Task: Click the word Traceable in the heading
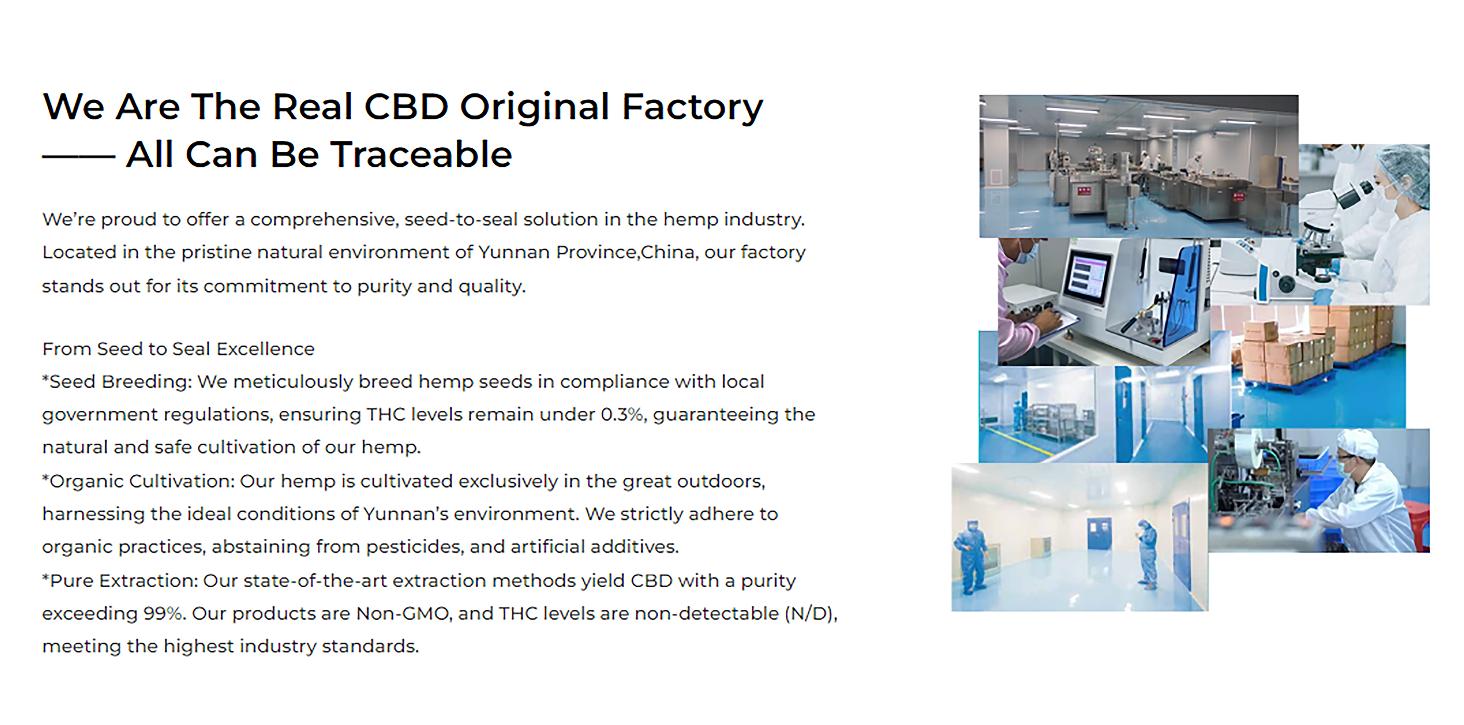[421, 154]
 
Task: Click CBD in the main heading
[406, 107]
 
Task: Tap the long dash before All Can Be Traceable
[78, 157]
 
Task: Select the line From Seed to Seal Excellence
[178, 349]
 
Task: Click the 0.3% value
[622, 414]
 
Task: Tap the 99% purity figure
[163, 614]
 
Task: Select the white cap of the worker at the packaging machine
[1358, 442]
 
